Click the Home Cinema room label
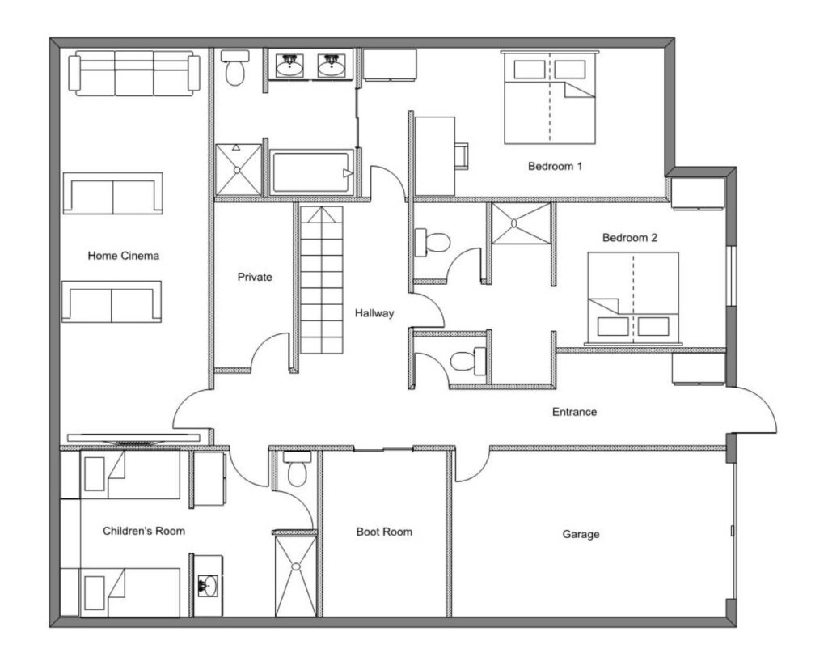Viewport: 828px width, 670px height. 123,256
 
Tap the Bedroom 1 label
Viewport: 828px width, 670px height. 555,166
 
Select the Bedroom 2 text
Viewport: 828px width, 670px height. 629,238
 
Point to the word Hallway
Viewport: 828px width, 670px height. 374,313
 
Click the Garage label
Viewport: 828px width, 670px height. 581,534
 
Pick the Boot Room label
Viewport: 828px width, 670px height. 384,532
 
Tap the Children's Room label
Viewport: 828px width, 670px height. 144,531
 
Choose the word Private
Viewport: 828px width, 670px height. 255,277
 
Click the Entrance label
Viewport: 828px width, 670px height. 575,412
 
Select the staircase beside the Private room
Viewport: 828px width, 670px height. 322,279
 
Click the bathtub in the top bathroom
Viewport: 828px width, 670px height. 311,172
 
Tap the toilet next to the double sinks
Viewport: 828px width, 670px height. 235,68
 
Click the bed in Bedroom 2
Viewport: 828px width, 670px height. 633,299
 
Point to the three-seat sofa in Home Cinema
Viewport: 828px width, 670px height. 134,74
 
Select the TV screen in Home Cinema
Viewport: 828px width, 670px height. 133,439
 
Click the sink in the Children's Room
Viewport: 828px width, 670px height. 208,586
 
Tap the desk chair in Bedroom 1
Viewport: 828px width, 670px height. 462,156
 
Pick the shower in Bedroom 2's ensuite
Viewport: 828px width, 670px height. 522,223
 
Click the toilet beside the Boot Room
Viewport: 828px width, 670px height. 298,469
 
